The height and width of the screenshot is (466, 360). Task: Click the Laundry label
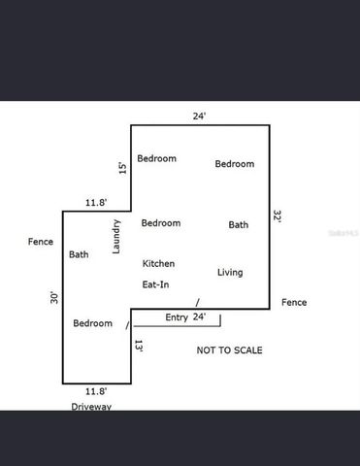coord(116,237)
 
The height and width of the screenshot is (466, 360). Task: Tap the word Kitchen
coord(158,264)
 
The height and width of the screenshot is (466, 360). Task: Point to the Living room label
coord(230,273)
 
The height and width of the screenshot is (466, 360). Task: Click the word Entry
coord(177,317)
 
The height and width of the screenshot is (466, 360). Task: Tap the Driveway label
coord(90,407)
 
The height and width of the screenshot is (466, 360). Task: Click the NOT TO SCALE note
coord(229,350)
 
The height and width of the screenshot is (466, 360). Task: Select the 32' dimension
coord(278,217)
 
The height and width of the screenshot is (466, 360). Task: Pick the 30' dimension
coord(54,299)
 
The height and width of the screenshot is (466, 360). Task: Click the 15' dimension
coord(122,168)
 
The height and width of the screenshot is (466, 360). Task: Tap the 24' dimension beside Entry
coord(200,317)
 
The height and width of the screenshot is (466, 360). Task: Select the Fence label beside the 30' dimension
coord(41,242)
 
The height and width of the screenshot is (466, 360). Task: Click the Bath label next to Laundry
coord(79,255)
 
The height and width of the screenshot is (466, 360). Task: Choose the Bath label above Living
coord(238,224)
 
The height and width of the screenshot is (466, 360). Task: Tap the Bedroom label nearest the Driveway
coord(93,323)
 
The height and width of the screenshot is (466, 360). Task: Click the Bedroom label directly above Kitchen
coord(160,223)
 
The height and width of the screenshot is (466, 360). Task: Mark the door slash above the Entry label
coord(198,302)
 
